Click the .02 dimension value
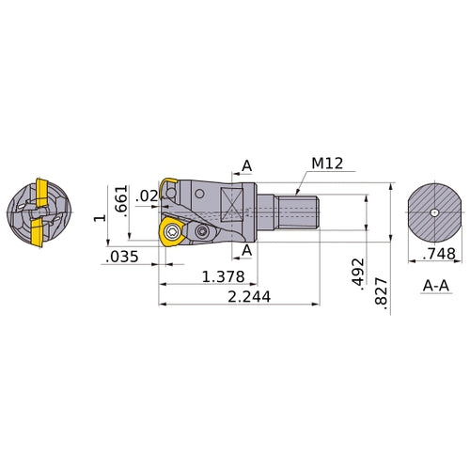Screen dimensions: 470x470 click(146, 196)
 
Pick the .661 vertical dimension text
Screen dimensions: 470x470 click(120, 200)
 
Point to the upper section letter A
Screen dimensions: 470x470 click(247, 166)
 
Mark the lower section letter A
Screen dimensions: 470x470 click(247, 250)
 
